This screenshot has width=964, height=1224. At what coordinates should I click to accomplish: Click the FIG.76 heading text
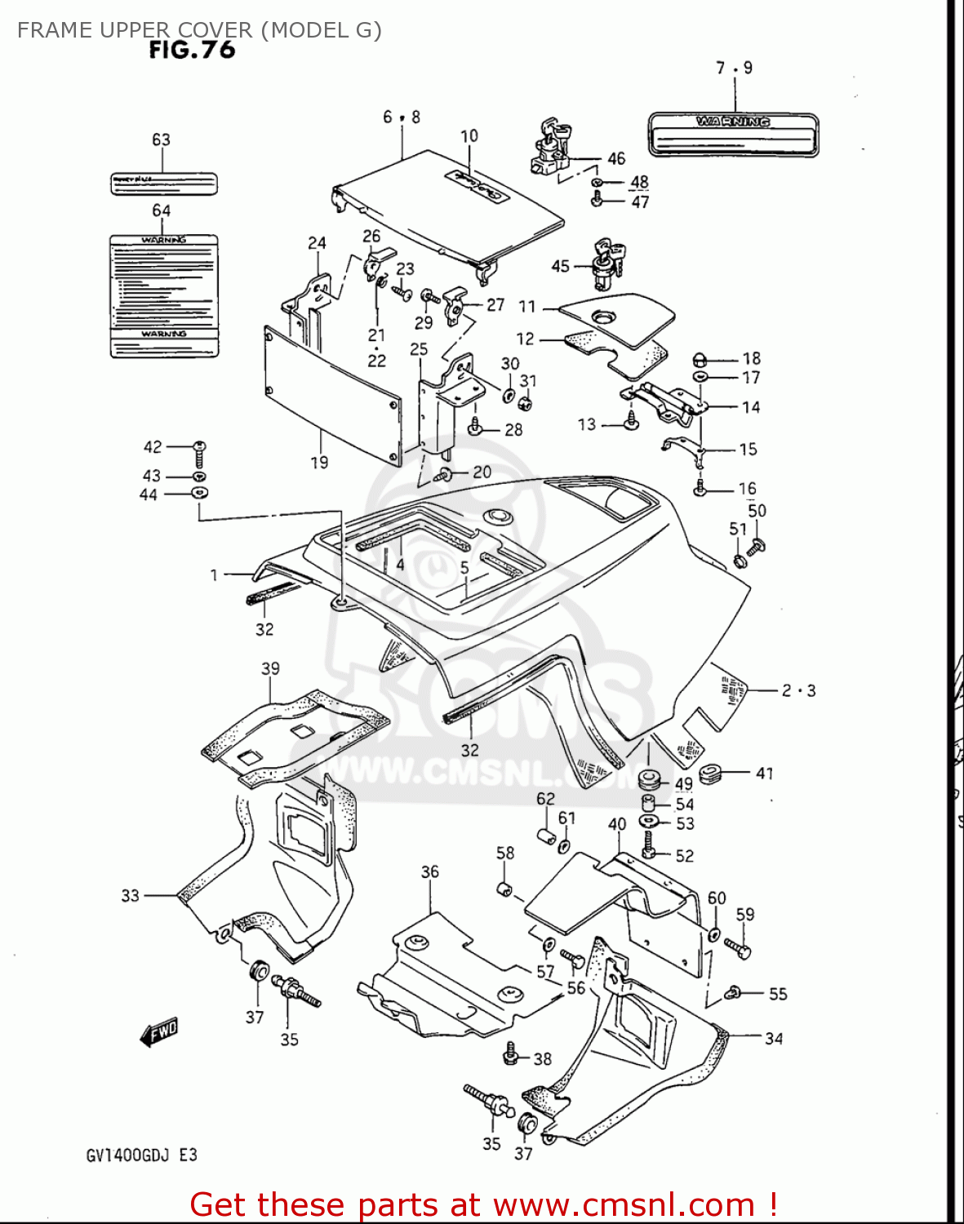(x=192, y=51)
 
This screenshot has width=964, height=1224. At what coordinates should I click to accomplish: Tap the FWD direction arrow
(x=158, y=1032)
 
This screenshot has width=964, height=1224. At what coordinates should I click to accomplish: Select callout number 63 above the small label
(x=161, y=140)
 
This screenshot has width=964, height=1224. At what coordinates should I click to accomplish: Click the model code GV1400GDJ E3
(x=141, y=1155)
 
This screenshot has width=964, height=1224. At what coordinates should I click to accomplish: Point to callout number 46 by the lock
(x=616, y=159)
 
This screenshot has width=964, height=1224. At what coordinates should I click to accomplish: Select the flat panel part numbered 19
(x=332, y=395)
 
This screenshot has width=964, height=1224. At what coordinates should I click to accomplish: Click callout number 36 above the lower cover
(x=430, y=871)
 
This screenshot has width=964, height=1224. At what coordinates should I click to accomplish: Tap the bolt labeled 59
(x=738, y=948)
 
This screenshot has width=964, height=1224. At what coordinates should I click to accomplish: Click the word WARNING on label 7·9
(x=733, y=122)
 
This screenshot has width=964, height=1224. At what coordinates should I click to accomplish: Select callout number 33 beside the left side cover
(x=131, y=895)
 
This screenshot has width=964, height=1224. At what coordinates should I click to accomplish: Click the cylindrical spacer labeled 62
(x=545, y=836)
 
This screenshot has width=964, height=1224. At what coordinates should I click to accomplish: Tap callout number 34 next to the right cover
(x=774, y=1038)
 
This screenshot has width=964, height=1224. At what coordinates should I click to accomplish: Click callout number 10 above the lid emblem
(x=469, y=136)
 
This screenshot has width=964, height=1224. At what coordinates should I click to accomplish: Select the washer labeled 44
(x=199, y=493)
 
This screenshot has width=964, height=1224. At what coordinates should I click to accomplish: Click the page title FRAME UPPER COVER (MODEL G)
(x=199, y=30)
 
